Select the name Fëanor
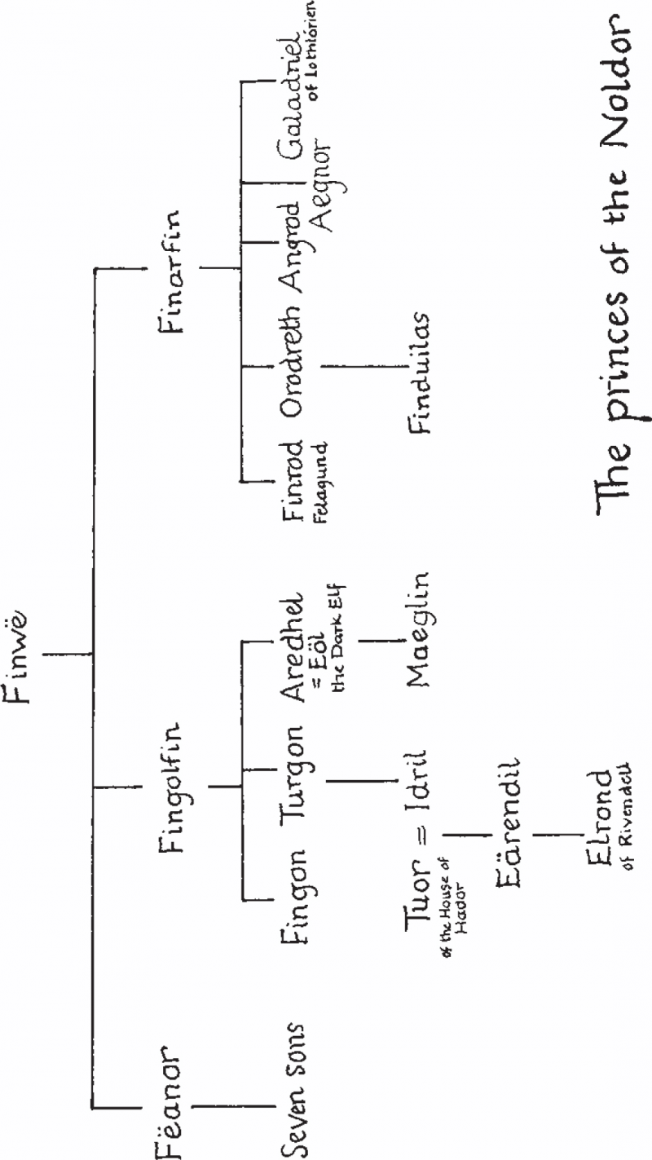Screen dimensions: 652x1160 169,1104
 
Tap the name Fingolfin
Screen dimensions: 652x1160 171,787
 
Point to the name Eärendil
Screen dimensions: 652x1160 507,823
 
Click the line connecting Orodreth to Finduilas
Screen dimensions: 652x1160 366,367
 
